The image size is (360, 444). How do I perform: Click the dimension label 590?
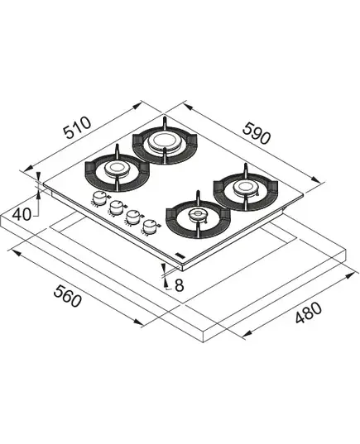tap(257, 133)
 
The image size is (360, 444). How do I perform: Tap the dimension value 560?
tap(68, 296)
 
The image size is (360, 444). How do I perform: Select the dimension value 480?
tap(309, 313)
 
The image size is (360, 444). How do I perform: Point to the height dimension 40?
tap(22, 214)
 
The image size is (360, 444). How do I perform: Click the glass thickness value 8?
tap(179, 286)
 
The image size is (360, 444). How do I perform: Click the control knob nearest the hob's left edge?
tap(98, 198)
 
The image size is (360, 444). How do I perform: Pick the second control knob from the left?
tap(115, 208)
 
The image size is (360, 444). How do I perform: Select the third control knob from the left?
tap(132, 217)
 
